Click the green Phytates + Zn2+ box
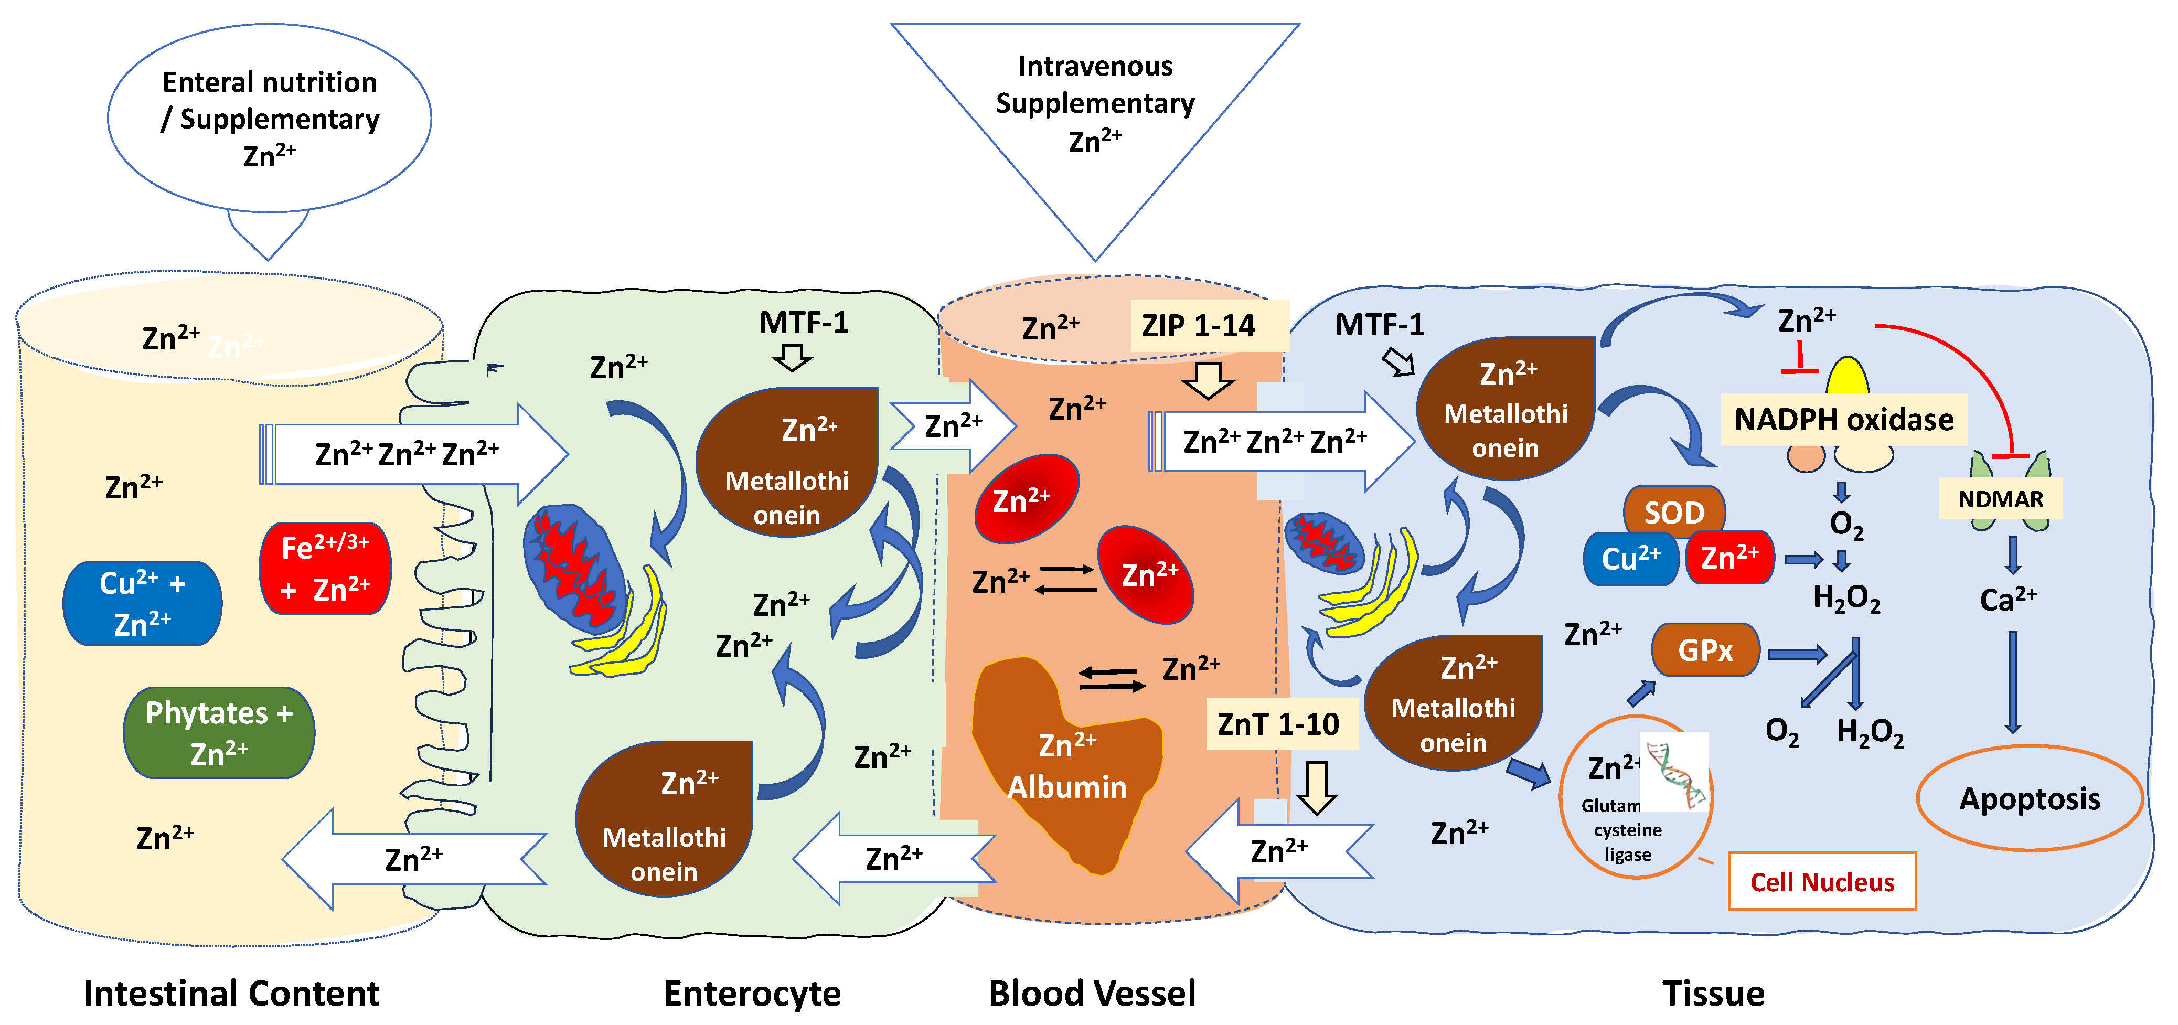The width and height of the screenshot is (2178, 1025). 219,732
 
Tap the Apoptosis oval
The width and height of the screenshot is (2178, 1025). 2028,798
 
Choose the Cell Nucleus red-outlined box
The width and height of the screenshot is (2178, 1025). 1821,881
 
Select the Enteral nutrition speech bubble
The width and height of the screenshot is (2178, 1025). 270,119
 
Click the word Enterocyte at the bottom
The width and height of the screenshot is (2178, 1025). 752,993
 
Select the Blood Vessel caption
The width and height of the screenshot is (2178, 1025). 1092,993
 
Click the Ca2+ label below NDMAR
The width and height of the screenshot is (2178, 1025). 2008,599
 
